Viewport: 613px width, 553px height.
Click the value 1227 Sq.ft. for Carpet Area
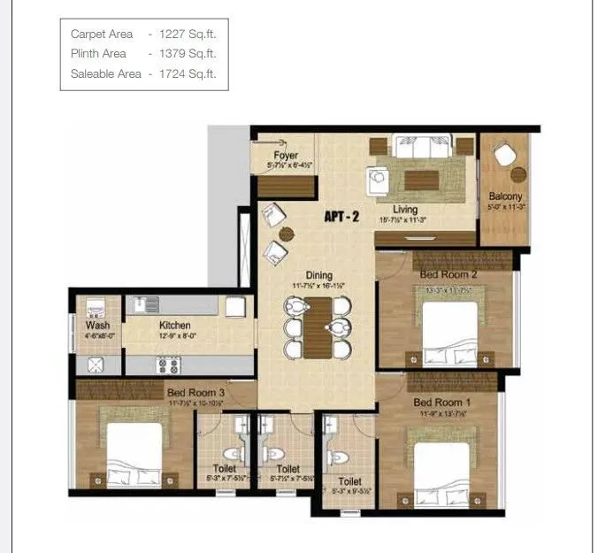coord(188,34)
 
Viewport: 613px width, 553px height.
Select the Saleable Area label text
coord(105,74)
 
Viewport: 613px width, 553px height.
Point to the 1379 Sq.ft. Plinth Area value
coord(188,54)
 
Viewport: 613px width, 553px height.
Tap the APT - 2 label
coord(342,216)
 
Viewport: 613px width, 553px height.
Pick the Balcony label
coord(505,196)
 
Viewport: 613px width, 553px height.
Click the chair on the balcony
coord(504,155)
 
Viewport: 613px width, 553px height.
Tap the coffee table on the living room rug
coord(421,180)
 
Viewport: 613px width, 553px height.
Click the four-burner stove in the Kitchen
coord(168,365)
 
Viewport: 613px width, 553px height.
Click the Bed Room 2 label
coord(448,274)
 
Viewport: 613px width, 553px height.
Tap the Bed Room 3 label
coord(190,392)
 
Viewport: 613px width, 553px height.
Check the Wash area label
coord(97,326)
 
